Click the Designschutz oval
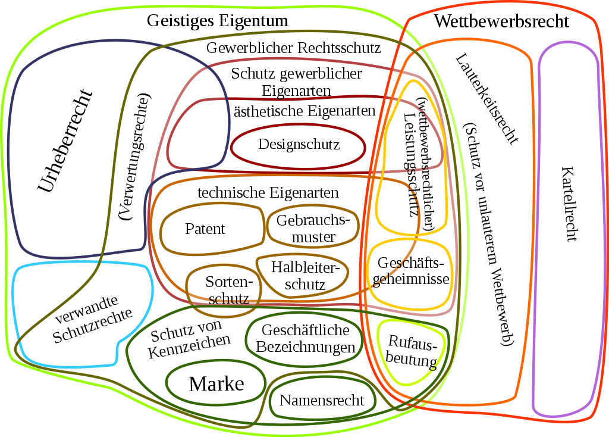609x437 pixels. (298, 145)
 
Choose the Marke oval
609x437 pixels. (216, 384)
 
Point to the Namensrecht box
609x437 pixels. (321, 400)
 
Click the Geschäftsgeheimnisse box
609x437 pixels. (410, 271)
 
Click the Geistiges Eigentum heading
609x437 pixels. (218, 21)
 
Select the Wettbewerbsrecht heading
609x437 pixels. (501, 22)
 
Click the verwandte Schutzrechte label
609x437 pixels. (92, 318)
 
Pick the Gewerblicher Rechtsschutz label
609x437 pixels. (293, 48)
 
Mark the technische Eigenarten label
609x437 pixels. (268, 193)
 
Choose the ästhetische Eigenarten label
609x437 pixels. (304, 111)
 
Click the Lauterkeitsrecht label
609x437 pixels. (486, 99)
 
